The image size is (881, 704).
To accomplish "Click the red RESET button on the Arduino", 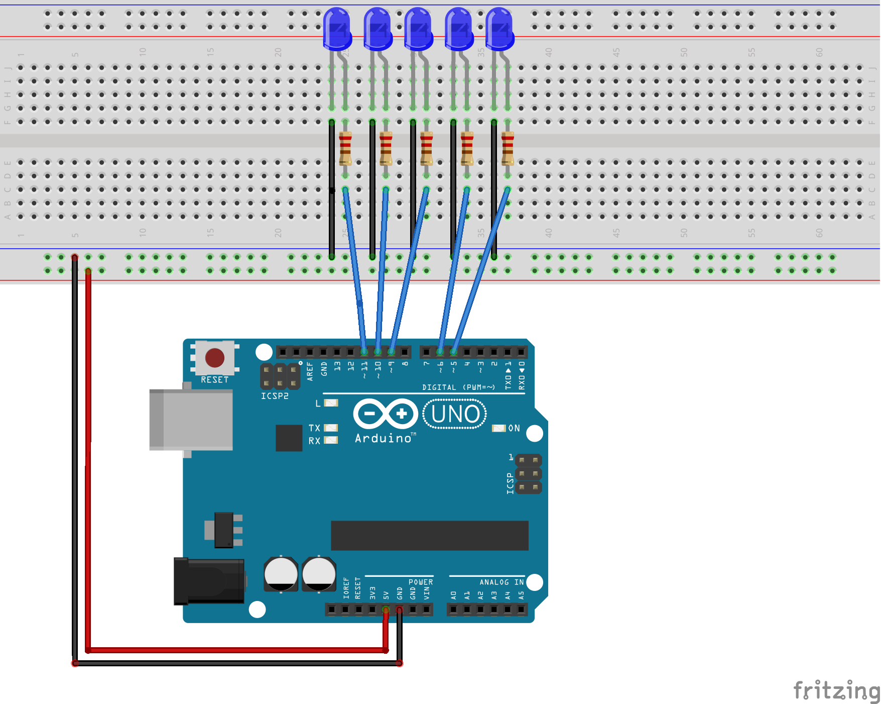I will coord(215,358).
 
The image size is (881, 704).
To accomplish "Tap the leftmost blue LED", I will coord(337,29).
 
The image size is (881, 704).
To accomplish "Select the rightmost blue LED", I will coord(499,29).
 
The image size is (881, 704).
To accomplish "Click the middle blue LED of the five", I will coord(418,29).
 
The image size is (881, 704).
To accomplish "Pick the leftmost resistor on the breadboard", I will coord(345,148).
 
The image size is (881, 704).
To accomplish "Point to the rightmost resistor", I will coord(508,148).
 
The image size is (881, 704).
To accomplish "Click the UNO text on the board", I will coord(455,414).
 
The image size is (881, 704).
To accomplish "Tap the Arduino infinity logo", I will coord(386,414).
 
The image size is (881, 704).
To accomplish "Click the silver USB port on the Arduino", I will coord(191,420).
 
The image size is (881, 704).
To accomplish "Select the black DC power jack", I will coord(209,581).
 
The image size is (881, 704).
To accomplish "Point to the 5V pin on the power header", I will coord(386,610).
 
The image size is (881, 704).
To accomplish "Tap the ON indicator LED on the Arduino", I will coord(498,428).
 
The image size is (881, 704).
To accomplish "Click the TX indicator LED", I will coord(331,428).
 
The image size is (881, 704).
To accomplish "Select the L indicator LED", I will coord(331,403).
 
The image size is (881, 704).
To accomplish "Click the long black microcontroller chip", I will coord(429,535).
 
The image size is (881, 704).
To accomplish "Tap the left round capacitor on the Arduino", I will coord(281,573).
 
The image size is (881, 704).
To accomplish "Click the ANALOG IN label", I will coord(501,582).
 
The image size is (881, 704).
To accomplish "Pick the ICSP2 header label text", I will coord(275,396).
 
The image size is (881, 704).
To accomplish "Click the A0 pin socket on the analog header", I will coord(453,610).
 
